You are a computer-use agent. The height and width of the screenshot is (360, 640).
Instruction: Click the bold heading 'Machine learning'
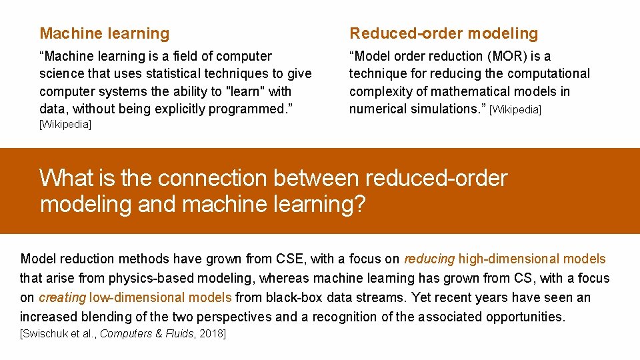105,33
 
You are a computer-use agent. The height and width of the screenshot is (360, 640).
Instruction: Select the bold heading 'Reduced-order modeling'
443,33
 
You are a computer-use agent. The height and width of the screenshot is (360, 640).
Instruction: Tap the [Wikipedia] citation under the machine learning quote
65,125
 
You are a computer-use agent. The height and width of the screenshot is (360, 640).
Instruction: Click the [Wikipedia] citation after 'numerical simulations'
515,109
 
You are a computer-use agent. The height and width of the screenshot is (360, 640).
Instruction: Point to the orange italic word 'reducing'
429,259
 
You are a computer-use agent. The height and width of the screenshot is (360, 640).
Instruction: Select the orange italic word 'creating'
63,298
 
